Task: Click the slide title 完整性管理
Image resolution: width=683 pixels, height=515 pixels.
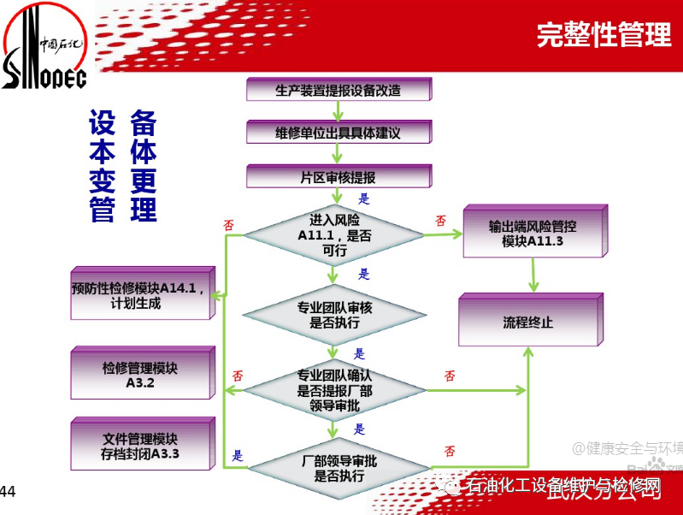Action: [x=604, y=33]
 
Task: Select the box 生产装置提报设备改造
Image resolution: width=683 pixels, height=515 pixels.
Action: [x=338, y=90]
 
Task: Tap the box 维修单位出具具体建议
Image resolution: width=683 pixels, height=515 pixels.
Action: [x=338, y=133]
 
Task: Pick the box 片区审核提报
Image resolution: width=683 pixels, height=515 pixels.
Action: [x=338, y=177]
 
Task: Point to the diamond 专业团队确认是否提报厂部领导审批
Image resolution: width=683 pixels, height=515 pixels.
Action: [x=334, y=390]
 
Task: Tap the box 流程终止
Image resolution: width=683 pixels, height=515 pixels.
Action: [x=527, y=323]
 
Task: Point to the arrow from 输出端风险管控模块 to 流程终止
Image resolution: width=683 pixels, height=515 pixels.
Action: [x=535, y=275]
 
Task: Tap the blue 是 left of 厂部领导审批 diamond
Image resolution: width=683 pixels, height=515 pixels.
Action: [x=238, y=455]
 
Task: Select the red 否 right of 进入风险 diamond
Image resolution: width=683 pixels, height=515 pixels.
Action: [x=440, y=221]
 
